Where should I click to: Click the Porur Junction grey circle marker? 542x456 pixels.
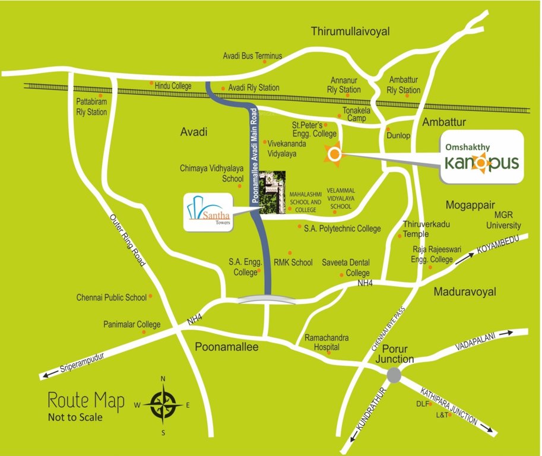[393, 375]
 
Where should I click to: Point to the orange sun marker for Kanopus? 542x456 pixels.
[334, 155]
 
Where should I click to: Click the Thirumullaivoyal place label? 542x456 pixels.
[350, 31]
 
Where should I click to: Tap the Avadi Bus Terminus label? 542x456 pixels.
[252, 56]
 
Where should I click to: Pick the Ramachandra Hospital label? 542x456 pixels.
[327, 342]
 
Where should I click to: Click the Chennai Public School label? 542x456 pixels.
[112, 297]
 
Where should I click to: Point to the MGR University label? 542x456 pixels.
[503, 220]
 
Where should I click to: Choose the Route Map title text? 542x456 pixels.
[86, 401]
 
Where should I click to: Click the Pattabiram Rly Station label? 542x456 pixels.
[91, 107]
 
